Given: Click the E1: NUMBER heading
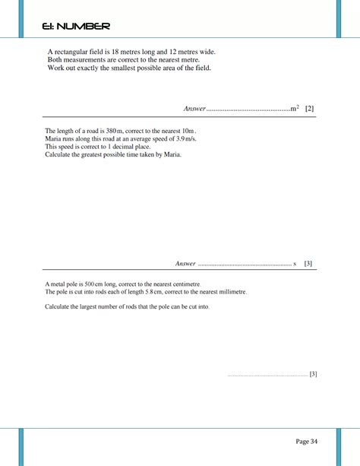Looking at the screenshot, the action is pyautogui.click(x=76, y=27).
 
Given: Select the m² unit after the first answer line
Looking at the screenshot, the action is pyautogui.click(x=294, y=109).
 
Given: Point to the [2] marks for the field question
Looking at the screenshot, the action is pyautogui.click(x=309, y=109).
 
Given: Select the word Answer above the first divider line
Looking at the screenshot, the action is pyautogui.click(x=195, y=109).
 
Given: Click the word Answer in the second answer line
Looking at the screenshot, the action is pyautogui.click(x=186, y=264).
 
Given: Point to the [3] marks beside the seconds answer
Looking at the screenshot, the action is pyautogui.click(x=308, y=264).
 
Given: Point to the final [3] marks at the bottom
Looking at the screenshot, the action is pyautogui.click(x=313, y=374).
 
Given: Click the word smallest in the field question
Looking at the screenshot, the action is pyautogui.click(x=115, y=68).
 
